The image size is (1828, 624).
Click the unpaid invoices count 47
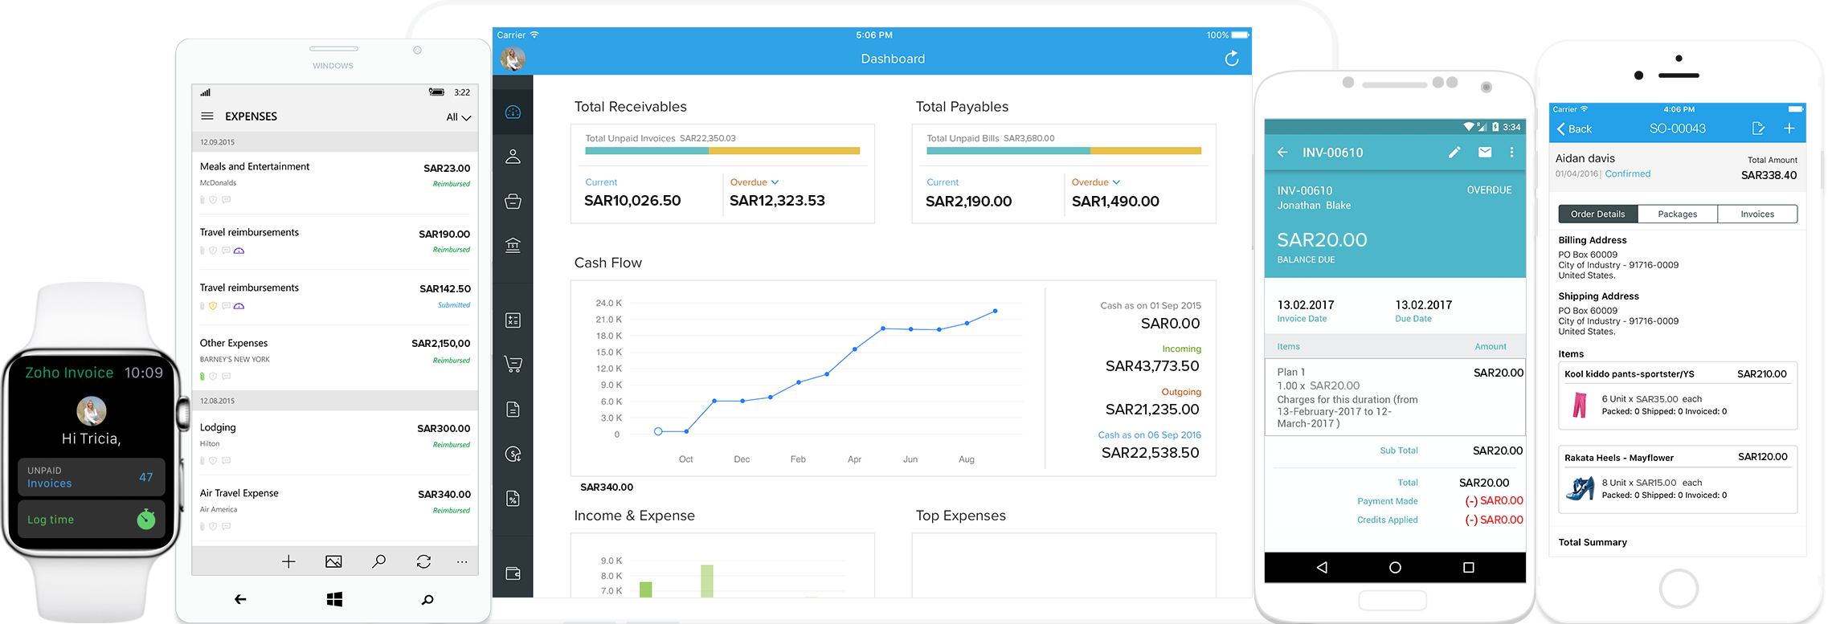[x=145, y=477]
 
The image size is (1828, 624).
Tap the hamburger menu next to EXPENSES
[x=207, y=116]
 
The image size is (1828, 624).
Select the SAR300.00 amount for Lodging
[x=444, y=428]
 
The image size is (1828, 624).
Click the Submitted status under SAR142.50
[x=454, y=305]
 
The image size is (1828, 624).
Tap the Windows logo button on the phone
[x=334, y=599]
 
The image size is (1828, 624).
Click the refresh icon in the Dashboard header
[x=1231, y=59]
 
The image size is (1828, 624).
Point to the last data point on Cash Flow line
[x=996, y=311]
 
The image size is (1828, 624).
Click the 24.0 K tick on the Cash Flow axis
[x=608, y=304]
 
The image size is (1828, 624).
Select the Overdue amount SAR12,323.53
[x=777, y=201]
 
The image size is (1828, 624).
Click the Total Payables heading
[x=962, y=107]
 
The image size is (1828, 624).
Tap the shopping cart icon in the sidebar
[x=513, y=365]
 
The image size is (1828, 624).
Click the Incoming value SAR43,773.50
[x=1152, y=366]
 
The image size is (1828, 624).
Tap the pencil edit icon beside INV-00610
[x=1454, y=152]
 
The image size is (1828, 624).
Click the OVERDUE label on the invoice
[x=1489, y=190]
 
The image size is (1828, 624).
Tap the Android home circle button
[x=1395, y=568]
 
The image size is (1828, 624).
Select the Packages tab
[x=1677, y=214]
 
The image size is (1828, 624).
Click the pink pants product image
[x=1580, y=405]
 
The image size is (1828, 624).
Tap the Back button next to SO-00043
[x=1574, y=128]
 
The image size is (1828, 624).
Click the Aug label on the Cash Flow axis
[x=967, y=459]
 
